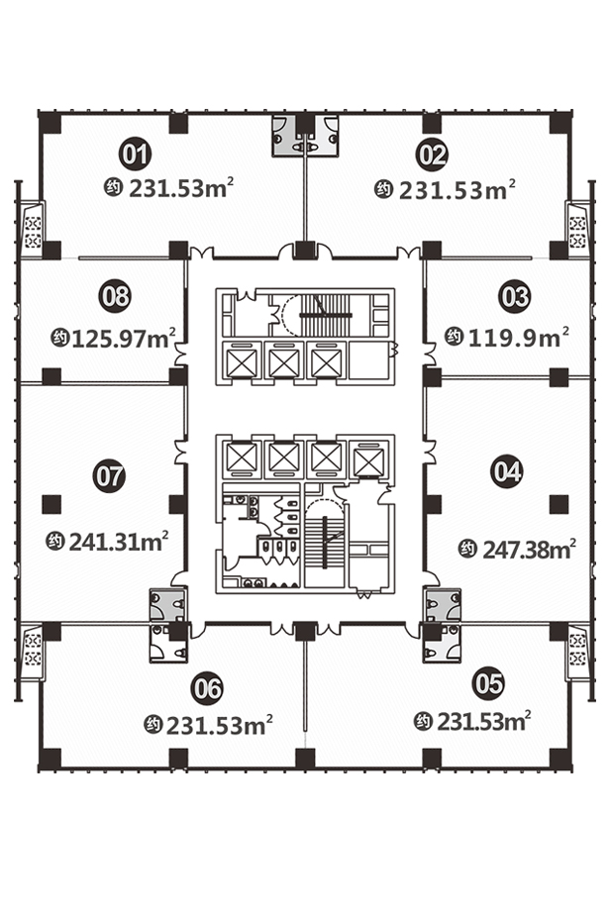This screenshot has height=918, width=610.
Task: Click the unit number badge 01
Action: coord(136,153)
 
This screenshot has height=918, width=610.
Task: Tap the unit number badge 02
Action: coord(432,155)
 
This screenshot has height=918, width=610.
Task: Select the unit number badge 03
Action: coord(515,296)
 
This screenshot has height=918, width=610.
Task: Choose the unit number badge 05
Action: coord(488,683)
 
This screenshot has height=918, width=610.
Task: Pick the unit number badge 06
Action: coord(207,688)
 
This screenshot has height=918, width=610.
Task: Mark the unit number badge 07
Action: coord(109,475)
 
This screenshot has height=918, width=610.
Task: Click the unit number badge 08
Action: coord(115,296)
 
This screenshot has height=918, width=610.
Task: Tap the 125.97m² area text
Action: coord(124,338)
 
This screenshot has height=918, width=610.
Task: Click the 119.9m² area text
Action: coord(519,338)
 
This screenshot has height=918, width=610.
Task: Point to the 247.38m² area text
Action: coord(530,550)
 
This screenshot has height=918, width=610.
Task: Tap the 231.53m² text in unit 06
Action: coord(220,725)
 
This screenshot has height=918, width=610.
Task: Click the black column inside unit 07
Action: coord(51,504)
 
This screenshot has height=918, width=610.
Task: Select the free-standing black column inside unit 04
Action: coord(559,504)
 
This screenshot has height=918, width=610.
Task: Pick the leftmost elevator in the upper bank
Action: coord(241,363)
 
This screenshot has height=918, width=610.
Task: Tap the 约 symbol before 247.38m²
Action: coord(467,550)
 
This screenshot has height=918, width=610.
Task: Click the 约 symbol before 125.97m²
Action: coord(60,338)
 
